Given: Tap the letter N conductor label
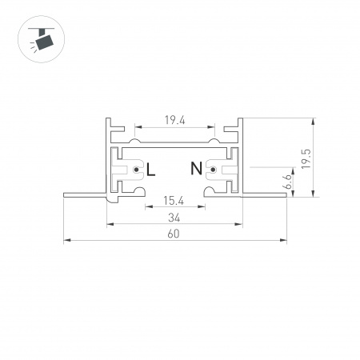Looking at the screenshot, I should (x=196, y=169).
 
